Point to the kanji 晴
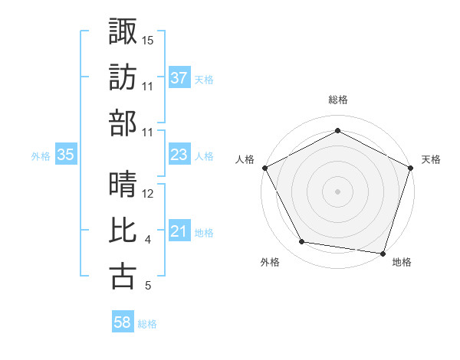point(123,184)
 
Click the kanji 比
point(123,230)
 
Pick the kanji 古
point(123,276)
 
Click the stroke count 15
point(148,38)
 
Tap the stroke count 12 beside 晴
point(148,194)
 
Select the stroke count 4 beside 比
point(147,241)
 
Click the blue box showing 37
point(179,77)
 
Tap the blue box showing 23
point(179,155)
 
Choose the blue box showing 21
point(179,232)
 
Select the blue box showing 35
point(66,155)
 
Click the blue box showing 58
point(123,323)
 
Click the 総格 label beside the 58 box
point(147,324)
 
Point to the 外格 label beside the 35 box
point(41,156)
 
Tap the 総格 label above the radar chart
point(337,100)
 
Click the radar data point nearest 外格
point(302,242)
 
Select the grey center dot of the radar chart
point(337,191)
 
